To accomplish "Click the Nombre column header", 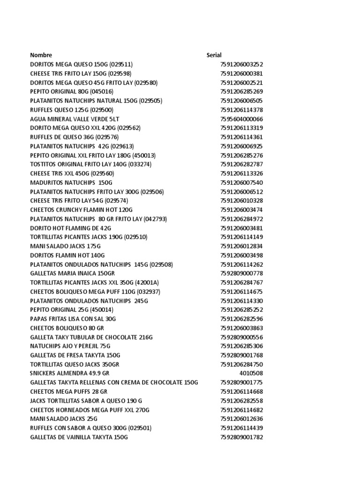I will pyautogui.click(x=41, y=55).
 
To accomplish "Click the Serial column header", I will pyautogui.click(x=214, y=55).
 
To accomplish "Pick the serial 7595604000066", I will pyautogui.click(x=241, y=119).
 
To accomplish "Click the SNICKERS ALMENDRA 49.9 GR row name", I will pyautogui.click(x=69, y=374).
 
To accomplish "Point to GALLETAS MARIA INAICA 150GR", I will pyautogui.click(x=72, y=273).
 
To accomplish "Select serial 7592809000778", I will pyautogui.click(x=241, y=273).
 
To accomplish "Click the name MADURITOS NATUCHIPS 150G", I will pyautogui.click(x=71, y=183).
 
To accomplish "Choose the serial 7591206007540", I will pyautogui.click(x=241, y=183).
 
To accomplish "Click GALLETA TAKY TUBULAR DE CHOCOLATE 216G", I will pyautogui.click(x=91, y=337).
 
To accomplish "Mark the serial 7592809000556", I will pyautogui.click(x=241, y=337).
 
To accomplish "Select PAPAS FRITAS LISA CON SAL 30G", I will pyautogui.click(x=73, y=319).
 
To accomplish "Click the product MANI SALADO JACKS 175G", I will pyautogui.click(x=65, y=246).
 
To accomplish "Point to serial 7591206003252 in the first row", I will pyautogui.click(x=241, y=64).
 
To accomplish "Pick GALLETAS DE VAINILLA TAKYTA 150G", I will pyautogui.click(x=79, y=437).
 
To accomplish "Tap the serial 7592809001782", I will pyautogui.click(x=241, y=437).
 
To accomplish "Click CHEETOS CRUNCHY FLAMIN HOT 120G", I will pyautogui.click(x=82, y=210).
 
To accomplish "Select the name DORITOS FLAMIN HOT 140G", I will pyautogui.click(x=67, y=255).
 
